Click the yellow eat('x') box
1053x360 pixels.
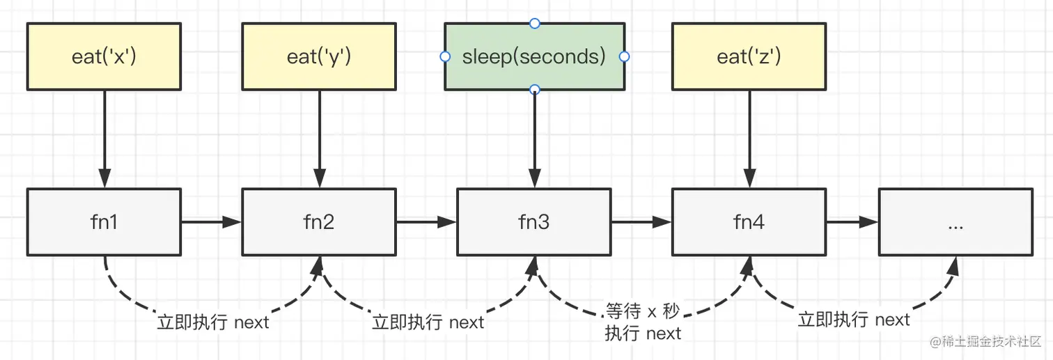[x=104, y=56]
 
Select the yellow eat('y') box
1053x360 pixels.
[x=319, y=56]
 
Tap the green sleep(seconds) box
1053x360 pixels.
[x=534, y=56]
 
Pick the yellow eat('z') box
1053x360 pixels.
[x=749, y=56]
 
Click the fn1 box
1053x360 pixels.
[x=104, y=222]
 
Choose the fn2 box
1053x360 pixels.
[x=319, y=222]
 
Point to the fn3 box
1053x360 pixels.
[x=534, y=222]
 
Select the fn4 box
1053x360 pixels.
[x=749, y=222]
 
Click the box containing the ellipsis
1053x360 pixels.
[x=955, y=222]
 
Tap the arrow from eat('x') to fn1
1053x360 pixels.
[x=104, y=139]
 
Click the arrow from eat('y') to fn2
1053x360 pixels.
[x=320, y=139]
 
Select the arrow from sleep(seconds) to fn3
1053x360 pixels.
[x=535, y=139]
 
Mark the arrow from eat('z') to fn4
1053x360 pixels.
[x=749, y=139]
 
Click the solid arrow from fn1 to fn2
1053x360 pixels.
[x=211, y=222]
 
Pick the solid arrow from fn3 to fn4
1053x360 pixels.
[x=641, y=222]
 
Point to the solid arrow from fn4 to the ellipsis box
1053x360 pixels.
[x=852, y=222]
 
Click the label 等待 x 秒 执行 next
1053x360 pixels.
[x=642, y=322]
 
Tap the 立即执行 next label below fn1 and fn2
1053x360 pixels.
[x=213, y=322]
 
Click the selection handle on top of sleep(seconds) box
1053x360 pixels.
[x=535, y=24]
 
